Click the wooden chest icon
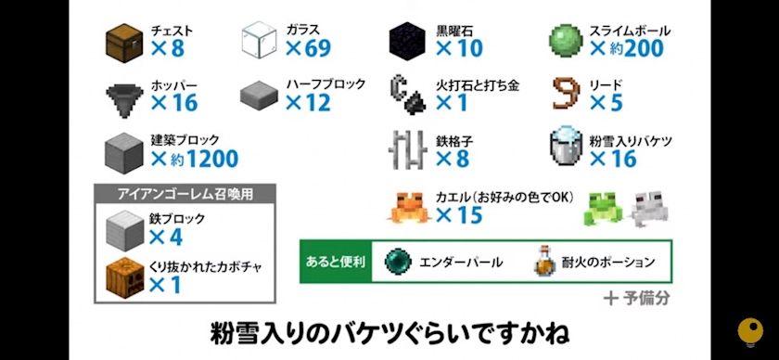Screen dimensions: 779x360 click(x=124, y=43)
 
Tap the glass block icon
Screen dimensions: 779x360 click(x=259, y=41)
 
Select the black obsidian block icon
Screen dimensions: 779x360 click(x=407, y=41)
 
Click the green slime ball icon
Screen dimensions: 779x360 click(x=566, y=41)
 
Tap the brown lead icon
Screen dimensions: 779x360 click(x=567, y=95)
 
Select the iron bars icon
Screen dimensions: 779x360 click(x=407, y=149)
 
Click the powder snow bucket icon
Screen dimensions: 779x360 click(x=566, y=148)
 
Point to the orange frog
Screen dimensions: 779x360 click(x=410, y=207)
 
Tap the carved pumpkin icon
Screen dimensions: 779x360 click(x=124, y=276)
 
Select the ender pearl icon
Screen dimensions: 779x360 click(x=399, y=262)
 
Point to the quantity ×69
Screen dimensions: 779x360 click(x=308, y=48)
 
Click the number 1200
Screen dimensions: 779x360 click(x=212, y=159)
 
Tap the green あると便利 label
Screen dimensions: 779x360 click(x=337, y=262)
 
